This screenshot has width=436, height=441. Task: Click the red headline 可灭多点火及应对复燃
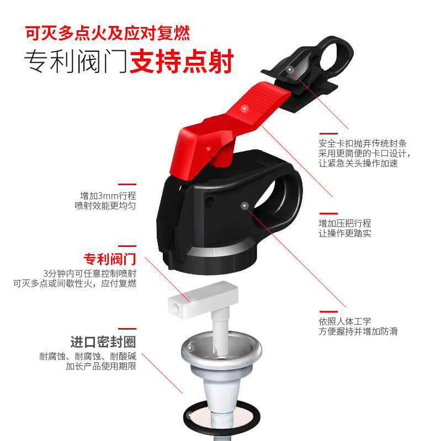point(107,33)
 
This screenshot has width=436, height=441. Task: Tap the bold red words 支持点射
point(182,61)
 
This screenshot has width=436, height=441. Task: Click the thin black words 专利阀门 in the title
point(76,61)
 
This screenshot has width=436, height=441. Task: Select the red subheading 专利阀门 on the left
point(110,259)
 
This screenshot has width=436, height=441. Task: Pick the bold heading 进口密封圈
point(103,342)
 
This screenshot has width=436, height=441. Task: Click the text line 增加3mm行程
point(108,196)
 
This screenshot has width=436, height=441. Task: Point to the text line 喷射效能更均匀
point(105,206)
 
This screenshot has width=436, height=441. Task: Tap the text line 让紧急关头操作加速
point(358,163)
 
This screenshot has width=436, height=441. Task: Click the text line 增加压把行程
point(345,223)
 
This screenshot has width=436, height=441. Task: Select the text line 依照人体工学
point(345,321)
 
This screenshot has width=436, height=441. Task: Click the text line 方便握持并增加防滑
point(358,331)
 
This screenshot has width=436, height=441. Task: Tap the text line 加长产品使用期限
point(101,366)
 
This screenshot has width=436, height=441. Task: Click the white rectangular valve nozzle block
point(203,299)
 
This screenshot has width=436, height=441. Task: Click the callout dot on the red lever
point(245,109)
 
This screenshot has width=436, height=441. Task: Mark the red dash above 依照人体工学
point(328,311)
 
